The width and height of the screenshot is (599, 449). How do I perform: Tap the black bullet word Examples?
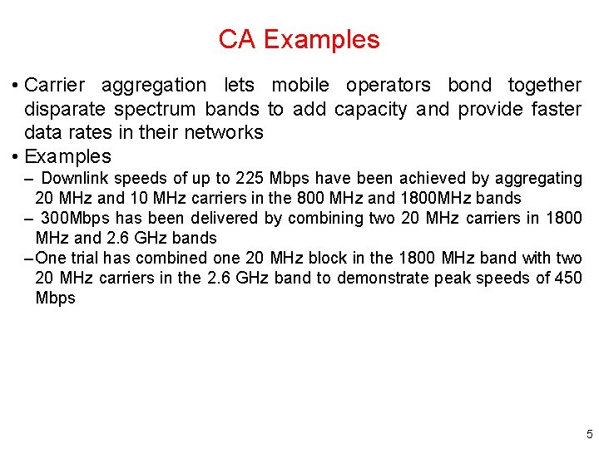67,156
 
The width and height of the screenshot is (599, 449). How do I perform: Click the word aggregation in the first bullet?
153,85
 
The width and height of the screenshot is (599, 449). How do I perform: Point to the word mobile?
300,85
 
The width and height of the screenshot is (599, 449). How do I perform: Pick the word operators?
389,85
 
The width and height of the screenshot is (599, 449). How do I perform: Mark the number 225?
250,178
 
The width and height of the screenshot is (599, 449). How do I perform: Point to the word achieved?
433,178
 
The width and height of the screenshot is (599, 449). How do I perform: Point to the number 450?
568,278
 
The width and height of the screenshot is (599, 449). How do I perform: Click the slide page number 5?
589,434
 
